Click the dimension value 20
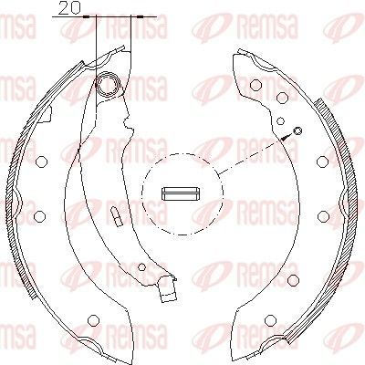[x=68, y=7]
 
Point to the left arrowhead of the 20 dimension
[x=87, y=16]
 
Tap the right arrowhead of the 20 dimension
[x=140, y=16]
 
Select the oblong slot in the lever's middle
[x=116, y=216]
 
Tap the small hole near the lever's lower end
[x=141, y=267]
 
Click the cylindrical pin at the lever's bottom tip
[x=168, y=289]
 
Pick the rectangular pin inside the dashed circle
[x=181, y=193]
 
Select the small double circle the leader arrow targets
[x=297, y=130]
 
